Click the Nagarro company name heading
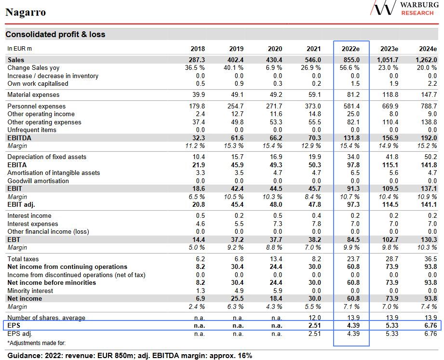tap(26, 12)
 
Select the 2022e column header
tap(351, 49)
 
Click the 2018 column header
tap(198, 49)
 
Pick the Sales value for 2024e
tap(426, 60)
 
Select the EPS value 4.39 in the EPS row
tap(352, 326)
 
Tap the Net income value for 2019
tap(236, 299)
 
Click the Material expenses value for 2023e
tap(391, 95)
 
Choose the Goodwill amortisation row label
tap(38, 181)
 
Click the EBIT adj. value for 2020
tap(275, 205)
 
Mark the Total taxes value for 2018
tap(200, 259)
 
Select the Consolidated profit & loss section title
tap(55, 34)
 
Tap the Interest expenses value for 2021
tap(316, 224)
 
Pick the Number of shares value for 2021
tap(314, 318)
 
